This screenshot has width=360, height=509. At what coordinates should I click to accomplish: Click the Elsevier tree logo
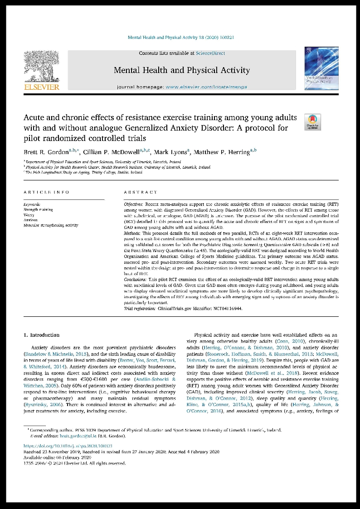(x=41, y=66)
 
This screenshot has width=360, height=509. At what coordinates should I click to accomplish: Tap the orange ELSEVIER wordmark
(x=41, y=87)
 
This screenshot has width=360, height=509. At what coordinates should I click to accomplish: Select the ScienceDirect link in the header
(x=210, y=53)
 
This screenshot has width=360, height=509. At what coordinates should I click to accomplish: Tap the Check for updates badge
(x=312, y=122)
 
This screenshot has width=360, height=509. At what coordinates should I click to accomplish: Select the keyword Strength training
(x=38, y=210)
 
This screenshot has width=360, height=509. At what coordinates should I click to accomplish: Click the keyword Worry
(x=29, y=215)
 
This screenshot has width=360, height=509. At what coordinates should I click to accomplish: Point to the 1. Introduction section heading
(x=41, y=335)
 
